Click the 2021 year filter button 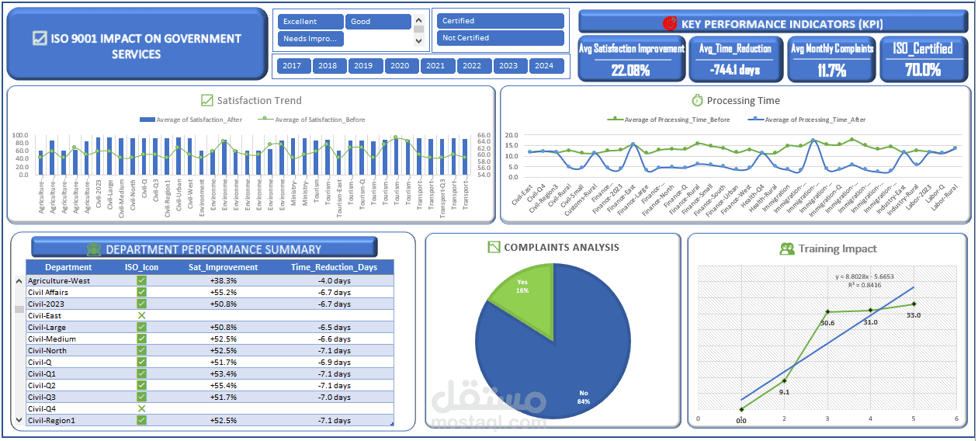click(x=435, y=66)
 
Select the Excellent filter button click(x=310, y=22)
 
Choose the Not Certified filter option click(x=500, y=38)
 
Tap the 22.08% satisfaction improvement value click(x=631, y=70)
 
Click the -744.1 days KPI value click(x=735, y=70)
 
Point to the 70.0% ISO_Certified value click(x=922, y=70)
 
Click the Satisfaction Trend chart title click(x=259, y=100)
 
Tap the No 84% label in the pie click(x=583, y=397)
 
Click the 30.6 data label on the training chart click(x=827, y=323)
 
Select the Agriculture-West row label click(x=59, y=280)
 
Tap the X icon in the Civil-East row click(x=141, y=316)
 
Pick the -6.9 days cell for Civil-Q click(x=335, y=363)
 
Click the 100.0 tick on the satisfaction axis click(x=21, y=135)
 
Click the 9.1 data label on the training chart click(x=785, y=392)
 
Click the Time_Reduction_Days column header click(x=334, y=267)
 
